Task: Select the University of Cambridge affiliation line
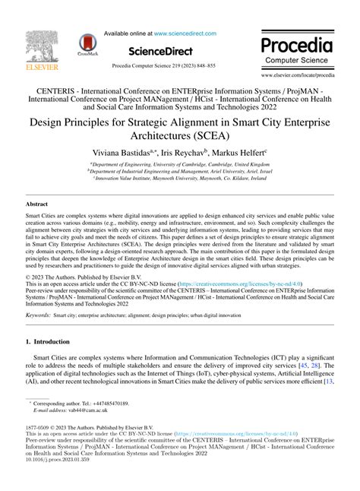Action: coord(179,164)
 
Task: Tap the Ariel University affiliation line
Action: coord(179,172)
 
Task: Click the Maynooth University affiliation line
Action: coord(179,180)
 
